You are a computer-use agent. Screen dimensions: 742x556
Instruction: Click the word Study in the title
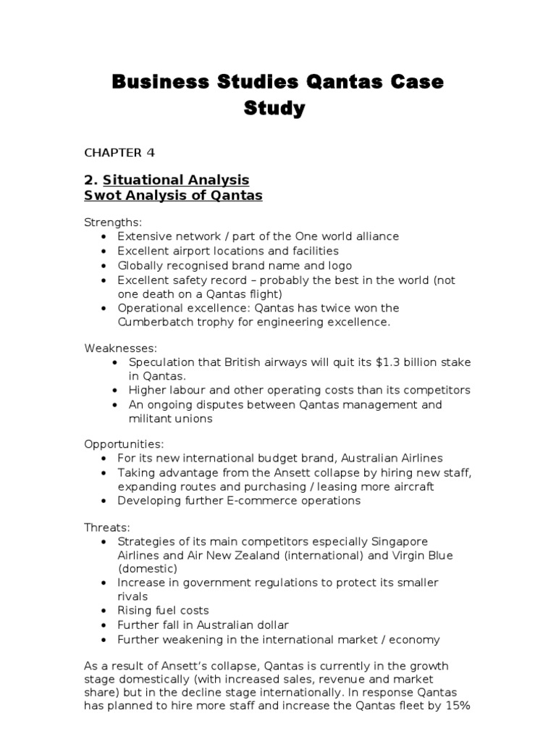274,109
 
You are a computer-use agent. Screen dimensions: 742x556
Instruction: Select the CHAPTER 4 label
119,152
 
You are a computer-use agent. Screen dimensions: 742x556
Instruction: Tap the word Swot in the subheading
103,196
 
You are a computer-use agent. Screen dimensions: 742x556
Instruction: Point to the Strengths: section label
113,223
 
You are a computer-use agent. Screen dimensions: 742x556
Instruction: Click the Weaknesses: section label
120,349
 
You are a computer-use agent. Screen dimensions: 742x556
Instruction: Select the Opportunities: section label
124,443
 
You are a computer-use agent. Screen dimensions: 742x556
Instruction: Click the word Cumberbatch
155,322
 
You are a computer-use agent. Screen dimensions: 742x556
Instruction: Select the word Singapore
400,542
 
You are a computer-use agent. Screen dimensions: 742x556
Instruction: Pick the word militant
152,418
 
